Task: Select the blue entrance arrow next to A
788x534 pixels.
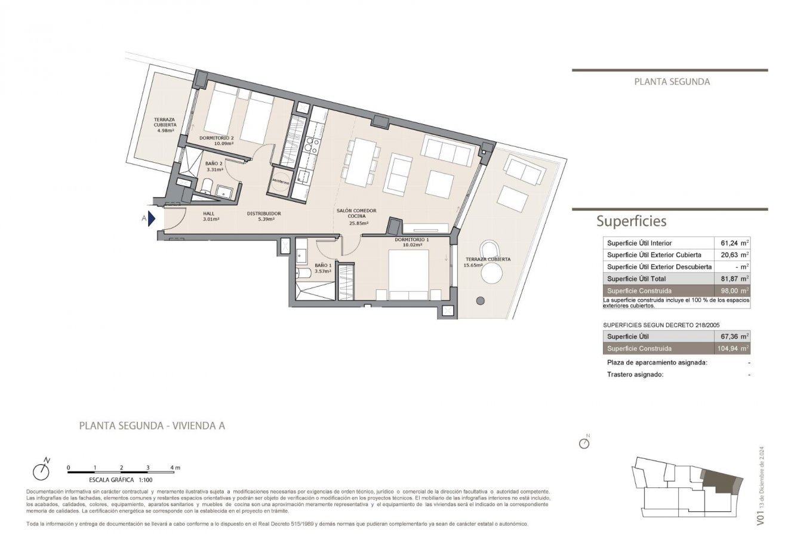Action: pos(152,219)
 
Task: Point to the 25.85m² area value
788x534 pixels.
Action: pos(358,224)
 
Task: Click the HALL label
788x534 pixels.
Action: pos(208,213)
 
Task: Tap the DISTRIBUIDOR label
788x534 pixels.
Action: pos(264,213)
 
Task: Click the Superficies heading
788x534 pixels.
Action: pos(631,221)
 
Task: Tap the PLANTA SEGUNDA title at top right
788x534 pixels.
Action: pos(672,82)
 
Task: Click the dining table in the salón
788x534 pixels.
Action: pos(361,162)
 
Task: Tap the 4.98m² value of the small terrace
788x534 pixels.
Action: pos(164,130)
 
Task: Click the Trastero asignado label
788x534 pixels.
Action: pos(635,375)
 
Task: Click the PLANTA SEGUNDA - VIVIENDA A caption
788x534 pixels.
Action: pos(152,426)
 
